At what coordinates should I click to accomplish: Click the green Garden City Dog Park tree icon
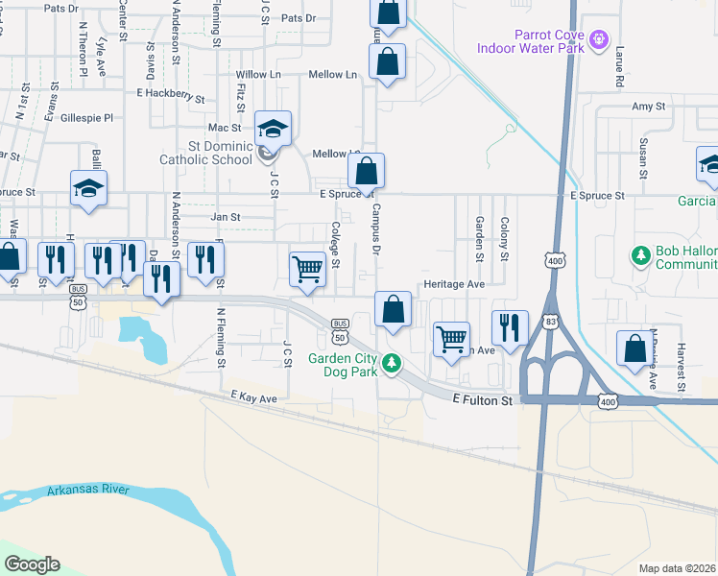click(x=391, y=363)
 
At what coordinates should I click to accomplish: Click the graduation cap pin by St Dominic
click(x=273, y=129)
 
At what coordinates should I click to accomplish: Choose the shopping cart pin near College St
click(x=307, y=269)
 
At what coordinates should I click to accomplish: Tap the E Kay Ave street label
click(x=253, y=396)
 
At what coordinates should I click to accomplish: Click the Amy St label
click(x=641, y=108)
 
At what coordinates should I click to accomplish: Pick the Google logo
click(x=32, y=564)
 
